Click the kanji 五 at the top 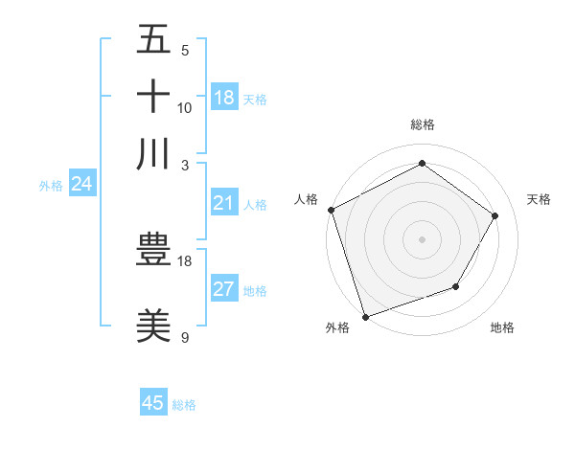[x=153, y=40]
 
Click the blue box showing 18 [x=224, y=97]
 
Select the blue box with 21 [x=224, y=203]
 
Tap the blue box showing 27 [x=224, y=290]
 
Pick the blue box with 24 [x=81, y=185]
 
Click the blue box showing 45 [x=153, y=403]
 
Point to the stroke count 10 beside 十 [x=185, y=107]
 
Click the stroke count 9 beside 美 [x=184, y=337]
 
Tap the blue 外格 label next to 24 [x=51, y=186]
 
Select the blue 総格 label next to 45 [x=184, y=405]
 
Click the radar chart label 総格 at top [x=422, y=124]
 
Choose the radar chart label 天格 [x=539, y=199]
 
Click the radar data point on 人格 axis [x=331, y=210]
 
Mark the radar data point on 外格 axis [x=365, y=315]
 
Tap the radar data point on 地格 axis [x=456, y=286]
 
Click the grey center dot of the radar [x=422, y=238]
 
